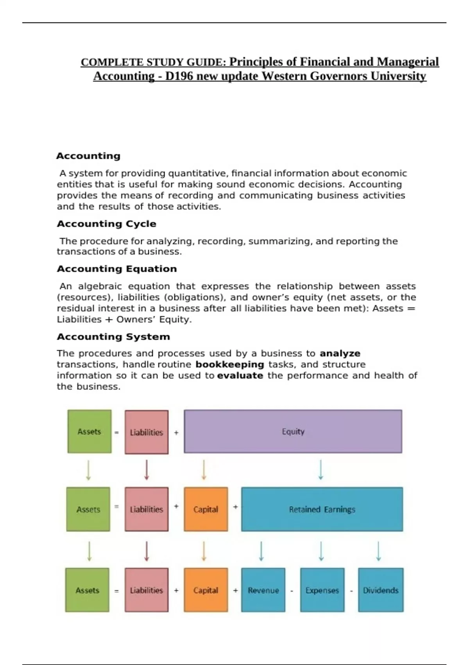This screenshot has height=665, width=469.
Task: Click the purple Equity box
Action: [x=293, y=431]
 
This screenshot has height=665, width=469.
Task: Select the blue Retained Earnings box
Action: [x=322, y=509]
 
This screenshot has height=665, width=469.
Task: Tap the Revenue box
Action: [x=263, y=590]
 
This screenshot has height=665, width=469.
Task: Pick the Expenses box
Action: [x=322, y=590]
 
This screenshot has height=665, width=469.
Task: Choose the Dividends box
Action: [x=381, y=590]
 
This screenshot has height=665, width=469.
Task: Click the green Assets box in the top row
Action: [x=89, y=431]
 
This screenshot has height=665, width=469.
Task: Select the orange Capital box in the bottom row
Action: [x=206, y=590]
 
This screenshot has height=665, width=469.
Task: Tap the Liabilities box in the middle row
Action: [x=147, y=509]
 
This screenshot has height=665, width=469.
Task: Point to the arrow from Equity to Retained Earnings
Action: [x=321, y=470]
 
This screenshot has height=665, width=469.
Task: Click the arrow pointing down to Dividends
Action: [x=378, y=551]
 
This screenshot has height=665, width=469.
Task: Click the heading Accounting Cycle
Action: [x=106, y=224]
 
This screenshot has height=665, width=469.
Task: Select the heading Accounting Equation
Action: [x=116, y=269]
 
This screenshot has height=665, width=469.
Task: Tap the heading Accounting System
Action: [x=113, y=337]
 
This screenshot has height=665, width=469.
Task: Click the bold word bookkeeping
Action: [x=230, y=365]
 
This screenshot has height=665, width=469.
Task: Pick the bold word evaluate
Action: [x=240, y=376]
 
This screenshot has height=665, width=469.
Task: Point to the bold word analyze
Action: [x=340, y=353]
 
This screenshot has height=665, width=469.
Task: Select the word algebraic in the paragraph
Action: [x=100, y=286]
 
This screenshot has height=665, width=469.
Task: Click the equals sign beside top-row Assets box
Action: [x=116, y=433]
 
